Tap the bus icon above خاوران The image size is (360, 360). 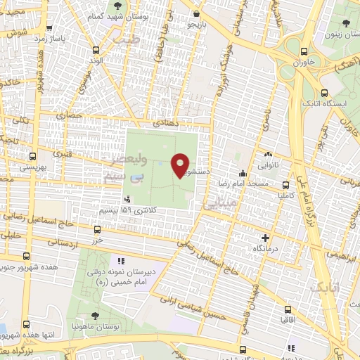[x=304, y=51]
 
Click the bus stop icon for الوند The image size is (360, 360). [x=96, y=50]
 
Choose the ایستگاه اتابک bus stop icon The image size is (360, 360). [x=324, y=93]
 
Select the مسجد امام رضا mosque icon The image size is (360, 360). [x=243, y=174]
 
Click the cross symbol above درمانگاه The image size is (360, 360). [x=264, y=238]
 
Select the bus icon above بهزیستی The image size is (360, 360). [x=31, y=157]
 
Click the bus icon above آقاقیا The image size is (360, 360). [x=288, y=309]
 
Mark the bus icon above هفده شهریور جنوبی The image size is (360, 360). [x=28, y=257]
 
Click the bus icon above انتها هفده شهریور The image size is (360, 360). [x=27, y=324]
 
